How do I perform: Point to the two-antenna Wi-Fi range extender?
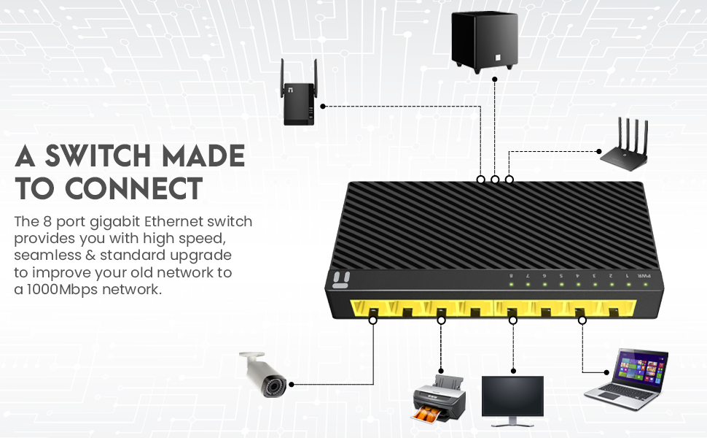click(x=298, y=98)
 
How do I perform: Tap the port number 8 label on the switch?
click(x=512, y=276)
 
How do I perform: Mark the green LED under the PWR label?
click(x=644, y=285)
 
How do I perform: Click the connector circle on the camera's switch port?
click(x=373, y=320)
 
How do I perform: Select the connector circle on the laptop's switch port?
click(x=582, y=320)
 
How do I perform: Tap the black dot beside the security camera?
click(x=292, y=383)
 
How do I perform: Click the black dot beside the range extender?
click(x=323, y=106)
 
